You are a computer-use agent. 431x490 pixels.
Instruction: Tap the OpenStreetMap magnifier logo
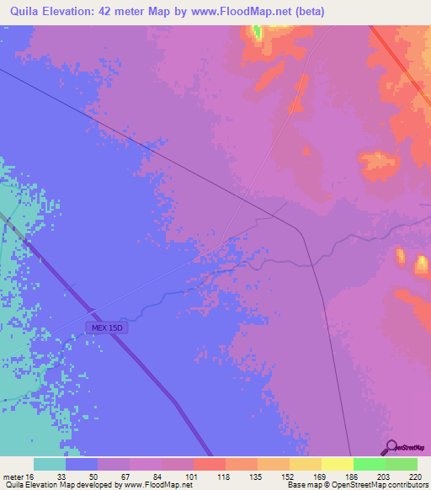pos(391,447)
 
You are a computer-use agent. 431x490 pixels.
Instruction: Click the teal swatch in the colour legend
pos(50,464)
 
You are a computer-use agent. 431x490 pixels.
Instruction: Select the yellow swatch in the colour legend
pos(337,464)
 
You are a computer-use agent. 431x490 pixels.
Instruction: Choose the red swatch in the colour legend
pos(209,464)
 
